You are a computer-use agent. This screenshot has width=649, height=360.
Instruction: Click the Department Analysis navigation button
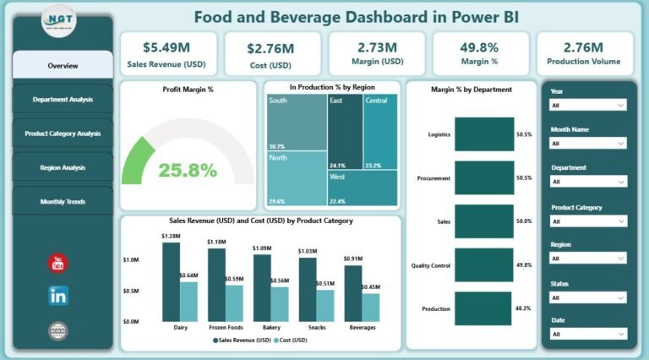pos(63,100)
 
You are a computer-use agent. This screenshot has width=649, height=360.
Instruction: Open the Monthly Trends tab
pos(63,202)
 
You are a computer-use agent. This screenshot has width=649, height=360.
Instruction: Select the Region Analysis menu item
pos(63,168)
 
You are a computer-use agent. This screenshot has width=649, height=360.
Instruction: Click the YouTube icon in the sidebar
pos(58,263)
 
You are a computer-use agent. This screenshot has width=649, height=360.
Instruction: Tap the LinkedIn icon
pos(58,296)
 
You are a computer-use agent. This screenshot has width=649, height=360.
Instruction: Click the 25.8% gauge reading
pos(188,170)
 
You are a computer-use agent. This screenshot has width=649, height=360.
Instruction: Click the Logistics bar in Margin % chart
pos(483,134)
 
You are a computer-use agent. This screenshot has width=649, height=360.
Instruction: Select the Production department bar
pos(483,308)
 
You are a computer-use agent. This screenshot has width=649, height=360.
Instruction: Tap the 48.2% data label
pos(524,308)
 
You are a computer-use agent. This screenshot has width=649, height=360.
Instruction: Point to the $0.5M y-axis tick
pos(132,291)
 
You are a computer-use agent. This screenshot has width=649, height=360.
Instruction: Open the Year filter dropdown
pos(587,106)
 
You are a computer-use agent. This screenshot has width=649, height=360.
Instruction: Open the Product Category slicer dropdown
pos(587,221)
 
